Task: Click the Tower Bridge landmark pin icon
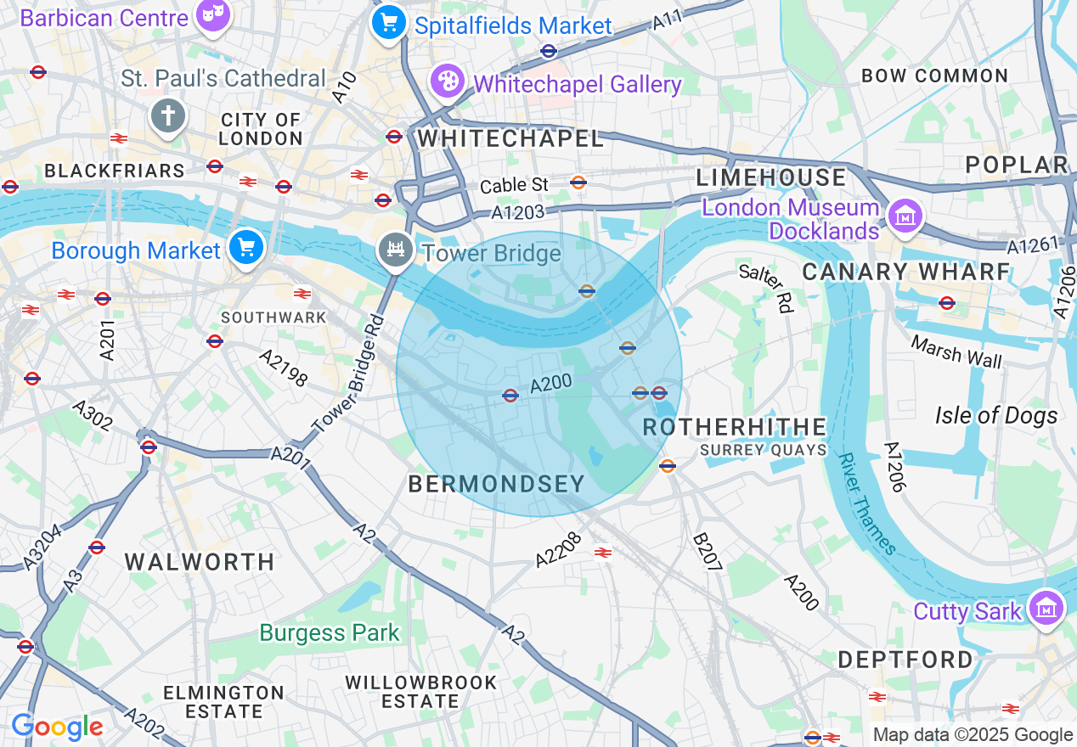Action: (x=395, y=250)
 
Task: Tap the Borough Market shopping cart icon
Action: (x=246, y=247)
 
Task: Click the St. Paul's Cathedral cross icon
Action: (x=167, y=115)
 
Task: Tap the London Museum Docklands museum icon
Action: (x=905, y=216)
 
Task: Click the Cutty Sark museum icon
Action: (x=1046, y=608)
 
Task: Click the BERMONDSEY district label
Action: (x=497, y=484)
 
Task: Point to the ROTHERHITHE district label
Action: (x=735, y=426)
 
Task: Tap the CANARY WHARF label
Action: (x=906, y=272)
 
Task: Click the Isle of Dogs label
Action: (x=996, y=415)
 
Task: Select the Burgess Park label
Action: (x=330, y=632)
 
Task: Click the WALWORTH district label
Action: (x=200, y=562)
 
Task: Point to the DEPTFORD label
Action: (x=905, y=660)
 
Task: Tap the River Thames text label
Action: (x=866, y=503)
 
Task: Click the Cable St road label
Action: (x=515, y=185)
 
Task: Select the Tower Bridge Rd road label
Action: (x=349, y=374)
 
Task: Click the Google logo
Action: (x=57, y=727)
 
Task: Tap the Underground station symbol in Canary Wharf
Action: (x=947, y=303)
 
